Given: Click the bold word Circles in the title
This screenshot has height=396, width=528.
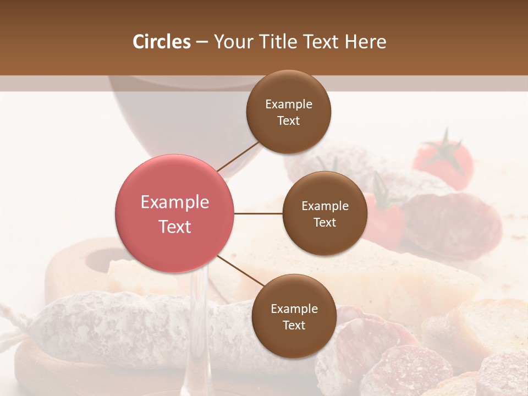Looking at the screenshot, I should [162, 42].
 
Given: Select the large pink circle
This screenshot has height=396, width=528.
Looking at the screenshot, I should [175, 213].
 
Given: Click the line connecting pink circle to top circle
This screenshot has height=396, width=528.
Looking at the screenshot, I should [238, 156].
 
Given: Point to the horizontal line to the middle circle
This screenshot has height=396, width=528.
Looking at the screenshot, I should [258, 213].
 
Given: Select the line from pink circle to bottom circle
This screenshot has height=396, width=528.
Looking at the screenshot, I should [240, 271].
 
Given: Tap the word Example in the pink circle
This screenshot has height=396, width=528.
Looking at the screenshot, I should [175, 202].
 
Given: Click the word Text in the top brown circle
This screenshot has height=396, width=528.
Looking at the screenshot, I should [289, 120].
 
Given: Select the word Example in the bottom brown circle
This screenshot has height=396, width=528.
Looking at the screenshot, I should [294, 309].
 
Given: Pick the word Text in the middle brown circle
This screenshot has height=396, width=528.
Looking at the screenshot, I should [324, 222].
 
